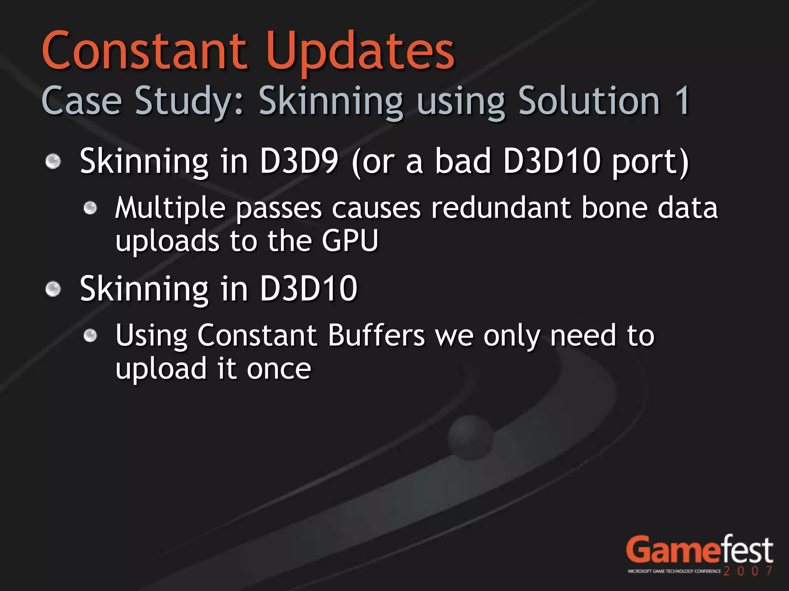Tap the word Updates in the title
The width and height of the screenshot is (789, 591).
coord(360,52)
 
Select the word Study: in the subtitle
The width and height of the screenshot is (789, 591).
coord(189,101)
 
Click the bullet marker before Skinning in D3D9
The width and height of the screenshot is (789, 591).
coord(53,161)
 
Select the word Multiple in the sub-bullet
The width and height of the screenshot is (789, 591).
coord(170,208)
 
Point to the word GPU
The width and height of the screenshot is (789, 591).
coord(350,241)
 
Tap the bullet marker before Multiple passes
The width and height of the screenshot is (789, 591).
coord(91,208)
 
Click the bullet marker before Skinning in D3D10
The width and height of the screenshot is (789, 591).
coord(53,289)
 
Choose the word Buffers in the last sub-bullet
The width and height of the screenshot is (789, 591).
coord(376,336)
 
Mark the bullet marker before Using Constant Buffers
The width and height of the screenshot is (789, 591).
coord(91,336)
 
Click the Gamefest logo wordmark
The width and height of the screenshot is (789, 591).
coord(699,550)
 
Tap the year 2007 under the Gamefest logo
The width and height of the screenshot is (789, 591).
coord(748,571)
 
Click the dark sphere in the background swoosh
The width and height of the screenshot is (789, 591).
coord(470,437)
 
